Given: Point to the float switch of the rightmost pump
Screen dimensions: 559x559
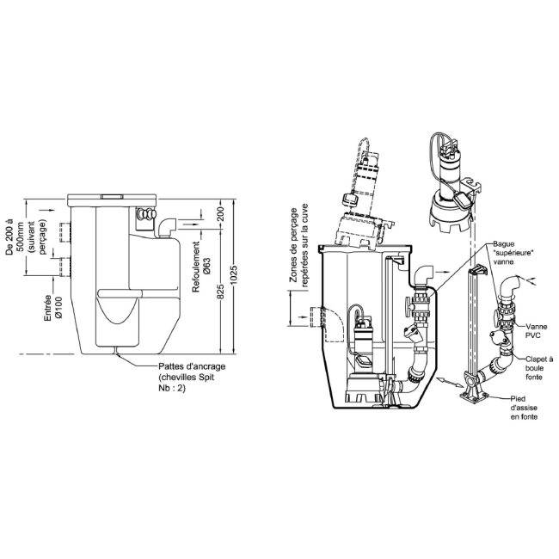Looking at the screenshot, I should coord(467,200).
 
